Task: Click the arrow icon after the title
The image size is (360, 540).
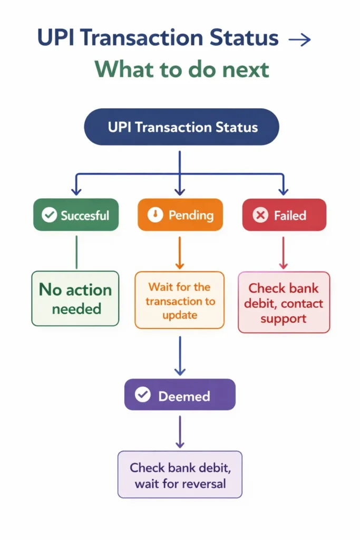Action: pyautogui.click(x=300, y=40)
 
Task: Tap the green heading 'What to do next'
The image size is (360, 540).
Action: pyautogui.click(x=182, y=69)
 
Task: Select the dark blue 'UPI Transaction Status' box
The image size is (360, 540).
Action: pyautogui.click(x=181, y=127)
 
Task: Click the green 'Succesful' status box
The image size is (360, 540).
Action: pyautogui.click(x=76, y=215)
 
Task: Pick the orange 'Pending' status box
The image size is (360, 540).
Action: pyautogui.click(x=180, y=215)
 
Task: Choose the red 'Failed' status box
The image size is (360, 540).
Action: pyautogui.click(x=284, y=215)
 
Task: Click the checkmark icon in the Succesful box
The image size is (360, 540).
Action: pyautogui.click(x=49, y=215)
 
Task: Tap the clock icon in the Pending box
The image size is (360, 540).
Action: pyautogui.click(x=155, y=215)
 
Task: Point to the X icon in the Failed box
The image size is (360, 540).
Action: pyautogui.click(x=260, y=215)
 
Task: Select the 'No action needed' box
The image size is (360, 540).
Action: pyautogui.click(x=75, y=298)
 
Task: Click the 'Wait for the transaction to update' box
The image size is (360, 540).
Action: pyautogui.click(x=180, y=301)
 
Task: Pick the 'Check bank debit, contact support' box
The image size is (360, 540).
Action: pyautogui.click(x=284, y=303)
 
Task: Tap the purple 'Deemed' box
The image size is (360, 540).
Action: pyautogui.click(x=180, y=396)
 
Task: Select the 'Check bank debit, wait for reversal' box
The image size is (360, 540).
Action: pyautogui.click(x=180, y=475)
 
